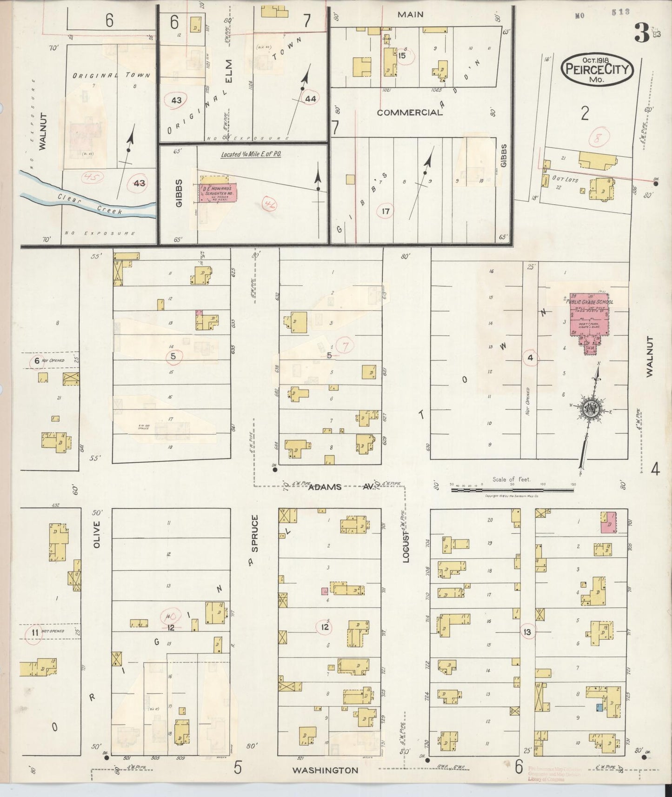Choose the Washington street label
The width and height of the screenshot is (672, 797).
click(325, 770)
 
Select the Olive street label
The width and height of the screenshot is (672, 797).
click(97, 534)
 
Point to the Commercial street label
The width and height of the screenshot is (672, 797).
click(410, 112)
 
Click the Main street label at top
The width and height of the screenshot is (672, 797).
click(410, 14)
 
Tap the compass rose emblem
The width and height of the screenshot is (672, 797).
click(592, 408)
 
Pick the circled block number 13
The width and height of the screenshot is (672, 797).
click(527, 632)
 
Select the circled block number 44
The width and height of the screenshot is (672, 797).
click(310, 99)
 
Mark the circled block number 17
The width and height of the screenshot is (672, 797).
click(386, 212)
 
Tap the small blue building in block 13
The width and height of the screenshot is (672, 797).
click(599, 707)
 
